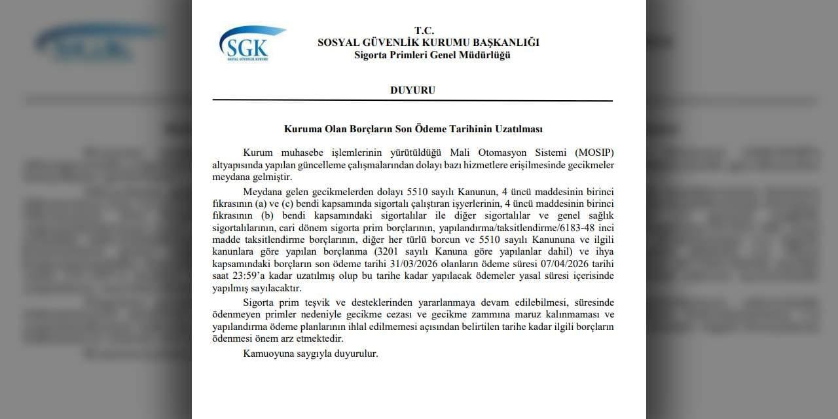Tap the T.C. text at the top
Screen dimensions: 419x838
coord(424,30)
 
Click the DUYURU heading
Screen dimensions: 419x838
coord(412,90)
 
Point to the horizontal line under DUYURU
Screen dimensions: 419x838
coord(412,101)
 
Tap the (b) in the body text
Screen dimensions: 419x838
coord(266,215)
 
